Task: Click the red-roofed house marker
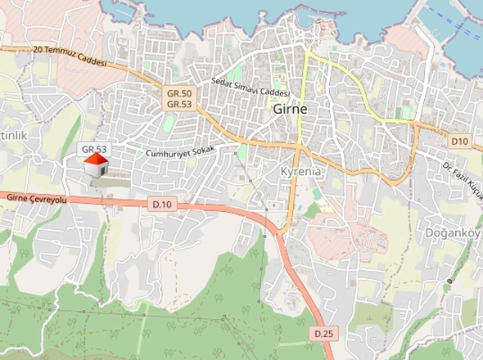(x=97, y=165)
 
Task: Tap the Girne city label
(x=291, y=109)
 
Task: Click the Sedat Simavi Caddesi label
(x=246, y=87)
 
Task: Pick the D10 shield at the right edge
(x=458, y=142)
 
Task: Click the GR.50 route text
(x=179, y=95)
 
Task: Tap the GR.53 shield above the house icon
(x=94, y=149)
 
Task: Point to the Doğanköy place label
(x=453, y=232)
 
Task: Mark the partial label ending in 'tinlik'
(x=14, y=134)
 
